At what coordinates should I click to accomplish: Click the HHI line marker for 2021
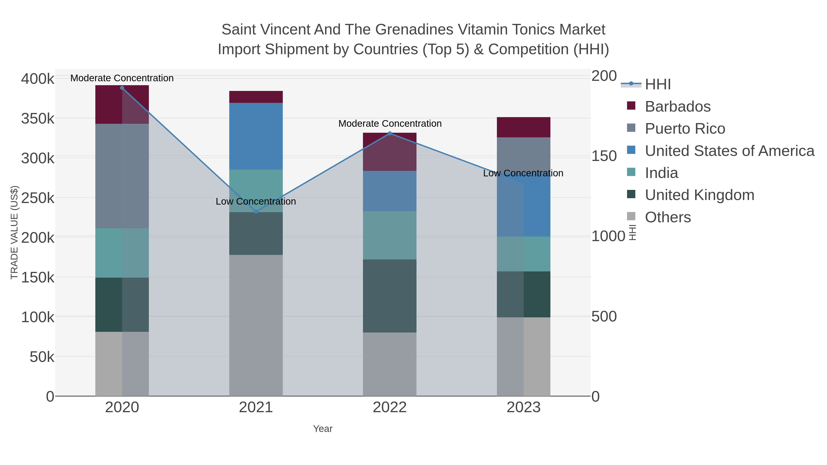(x=256, y=212)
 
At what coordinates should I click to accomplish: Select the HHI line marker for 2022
(x=390, y=133)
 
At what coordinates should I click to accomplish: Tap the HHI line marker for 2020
(x=122, y=88)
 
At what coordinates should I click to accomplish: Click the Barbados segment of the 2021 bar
(x=256, y=97)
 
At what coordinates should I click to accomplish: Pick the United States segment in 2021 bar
(x=256, y=136)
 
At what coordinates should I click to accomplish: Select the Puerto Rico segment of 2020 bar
(x=122, y=176)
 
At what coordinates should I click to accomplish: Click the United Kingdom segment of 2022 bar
(x=390, y=296)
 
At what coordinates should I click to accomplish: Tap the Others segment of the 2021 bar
(x=256, y=325)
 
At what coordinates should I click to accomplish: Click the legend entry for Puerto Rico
(x=685, y=129)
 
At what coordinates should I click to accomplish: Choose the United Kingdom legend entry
(x=699, y=195)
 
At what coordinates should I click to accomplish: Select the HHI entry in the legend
(x=657, y=85)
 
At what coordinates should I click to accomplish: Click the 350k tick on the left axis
(x=38, y=119)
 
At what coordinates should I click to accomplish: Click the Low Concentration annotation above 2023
(x=523, y=173)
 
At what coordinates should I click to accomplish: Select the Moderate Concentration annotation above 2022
(x=390, y=124)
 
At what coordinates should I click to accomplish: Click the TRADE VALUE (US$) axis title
(x=14, y=232)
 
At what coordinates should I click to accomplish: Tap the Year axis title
(x=323, y=429)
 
